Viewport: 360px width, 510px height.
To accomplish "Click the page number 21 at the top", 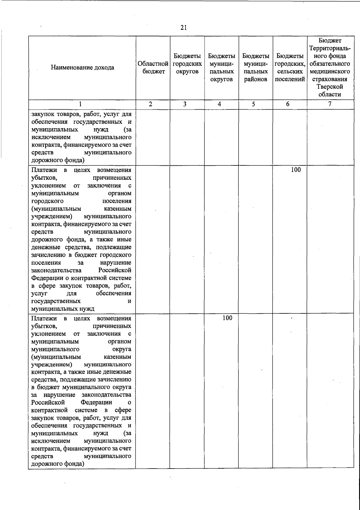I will pos(184,28).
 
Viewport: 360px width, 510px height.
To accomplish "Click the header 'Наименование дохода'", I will pos(82,68).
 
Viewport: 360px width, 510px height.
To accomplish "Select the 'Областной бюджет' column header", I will pos(153,68).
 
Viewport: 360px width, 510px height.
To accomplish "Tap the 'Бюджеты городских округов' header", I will pos(187,64).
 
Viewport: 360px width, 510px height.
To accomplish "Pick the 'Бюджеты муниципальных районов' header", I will pos(256,68).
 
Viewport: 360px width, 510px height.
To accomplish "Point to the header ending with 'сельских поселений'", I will pos(290,68).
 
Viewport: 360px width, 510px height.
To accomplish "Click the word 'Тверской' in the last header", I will pos(330,87).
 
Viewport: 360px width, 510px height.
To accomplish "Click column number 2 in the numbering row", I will pos(150,104).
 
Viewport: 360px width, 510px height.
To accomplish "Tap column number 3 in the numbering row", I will pos(185,104).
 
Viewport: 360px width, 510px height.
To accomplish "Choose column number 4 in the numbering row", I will pos(220,104).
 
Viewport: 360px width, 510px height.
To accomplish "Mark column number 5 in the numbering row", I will pos(253,104).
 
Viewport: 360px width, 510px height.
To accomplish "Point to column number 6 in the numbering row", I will pos(288,104).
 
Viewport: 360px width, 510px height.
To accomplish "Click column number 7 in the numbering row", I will pos(330,104).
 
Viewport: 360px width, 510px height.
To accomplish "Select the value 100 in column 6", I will pos(296,170).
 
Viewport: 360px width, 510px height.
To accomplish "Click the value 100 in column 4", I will pos(227,318).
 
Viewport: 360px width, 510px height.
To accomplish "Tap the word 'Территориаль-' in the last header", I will pos(330,48).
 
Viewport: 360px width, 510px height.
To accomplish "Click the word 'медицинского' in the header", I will pos(330,71).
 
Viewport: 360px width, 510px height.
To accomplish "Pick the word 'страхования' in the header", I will pos(330,79).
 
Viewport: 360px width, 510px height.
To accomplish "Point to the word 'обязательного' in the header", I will pos(330,64).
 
